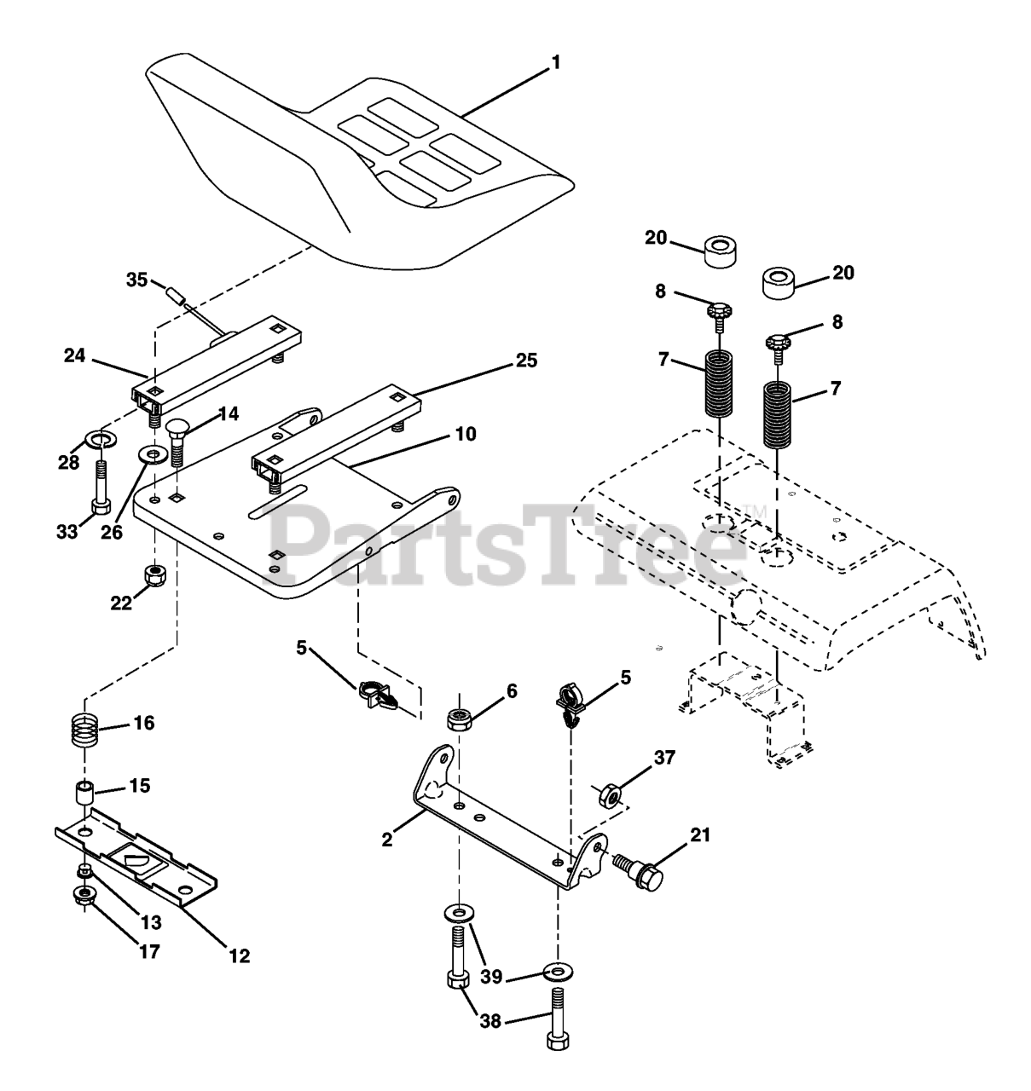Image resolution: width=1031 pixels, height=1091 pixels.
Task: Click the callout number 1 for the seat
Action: coord(556,62)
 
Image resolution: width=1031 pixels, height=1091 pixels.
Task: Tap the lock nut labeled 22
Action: coord(155,576)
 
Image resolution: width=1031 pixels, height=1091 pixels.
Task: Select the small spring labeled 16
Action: coord(85,732)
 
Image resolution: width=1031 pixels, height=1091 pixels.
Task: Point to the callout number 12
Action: coord(240,955)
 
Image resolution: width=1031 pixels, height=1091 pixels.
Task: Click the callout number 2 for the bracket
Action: coord(387,840)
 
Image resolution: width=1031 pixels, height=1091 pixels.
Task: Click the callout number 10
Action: coord(466,434)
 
